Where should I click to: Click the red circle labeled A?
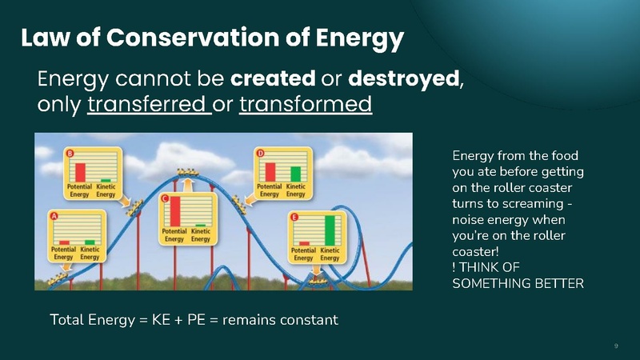pyautogui.click(x=54, y=216)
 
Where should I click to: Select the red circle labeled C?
pyautogui.click(x=165, y=198)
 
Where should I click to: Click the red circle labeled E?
pyautogui.click(x=294, y=216)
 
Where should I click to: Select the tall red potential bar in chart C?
pyautogui.click(x=175, y=212)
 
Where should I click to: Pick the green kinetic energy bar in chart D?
pyautogui.click(x=295, y=173)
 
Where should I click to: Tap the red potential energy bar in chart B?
pyautogui.click(x=80, y=171)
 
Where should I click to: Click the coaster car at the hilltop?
pyautogui.click(x=189, y=170)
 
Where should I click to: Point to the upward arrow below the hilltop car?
pyautogui.click(x=188, y=185)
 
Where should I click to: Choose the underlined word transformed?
pyautogui.click(x=306, y=105)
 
